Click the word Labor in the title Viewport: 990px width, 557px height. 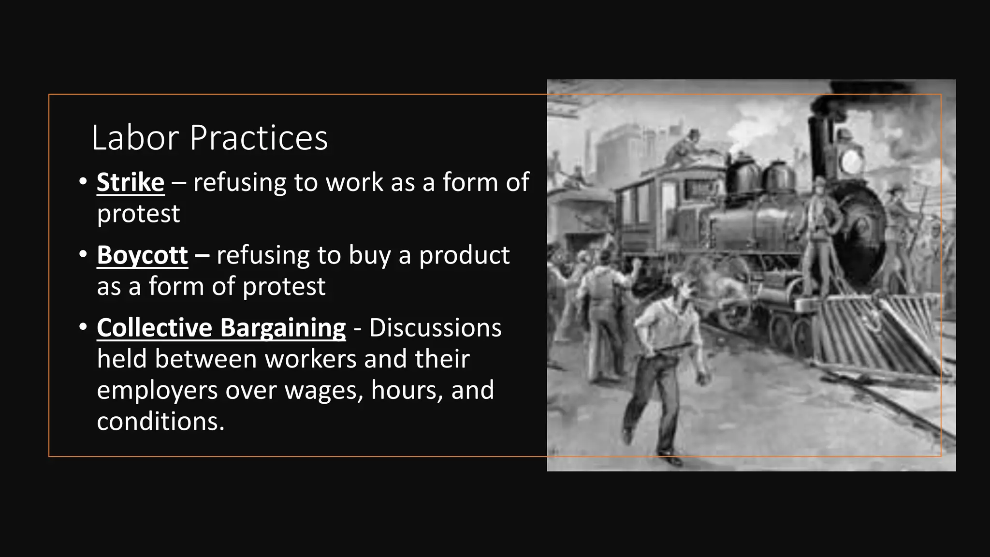pos(135,138)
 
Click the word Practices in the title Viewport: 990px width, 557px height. pos(259,138)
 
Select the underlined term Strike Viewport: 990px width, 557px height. pos(131,182)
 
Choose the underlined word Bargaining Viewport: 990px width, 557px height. pos(283,328)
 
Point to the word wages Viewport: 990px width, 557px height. pos(323,390)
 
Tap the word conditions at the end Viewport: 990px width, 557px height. pos(160,421)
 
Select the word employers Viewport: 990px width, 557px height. pos(157,390)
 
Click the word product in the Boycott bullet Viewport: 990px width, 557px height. pos(464,256)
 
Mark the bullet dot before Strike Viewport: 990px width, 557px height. pos(83,182)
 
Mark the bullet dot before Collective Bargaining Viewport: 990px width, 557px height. pos(83,327)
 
